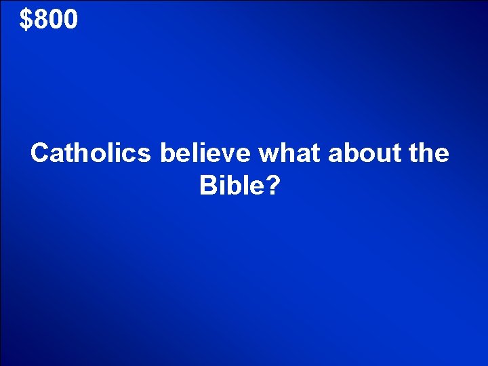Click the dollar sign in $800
tap(26, 20)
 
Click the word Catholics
tap(91, 154)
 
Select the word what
tap(290, 154)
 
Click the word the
tap(426, 154)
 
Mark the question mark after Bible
tap(272, 185)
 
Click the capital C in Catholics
tap(40, 154)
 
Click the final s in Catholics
tap(144, 155)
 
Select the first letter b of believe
tap(167, 154)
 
